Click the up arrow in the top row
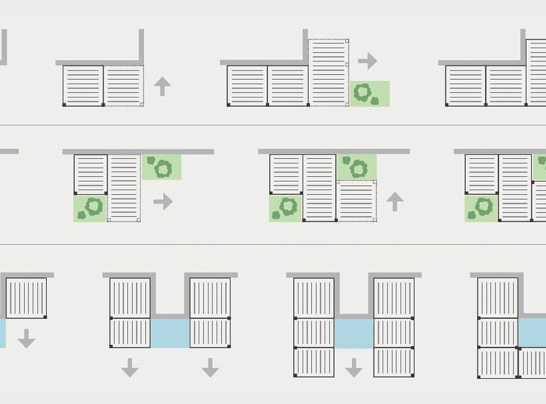point(163,86)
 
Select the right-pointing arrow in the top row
point(367,61)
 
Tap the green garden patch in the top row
point(369,94)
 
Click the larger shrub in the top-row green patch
point(362,91)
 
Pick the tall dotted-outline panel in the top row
point(328,72)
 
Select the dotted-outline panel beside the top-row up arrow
point(124,86)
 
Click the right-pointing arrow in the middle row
point(163,202)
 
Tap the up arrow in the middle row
point(394,202)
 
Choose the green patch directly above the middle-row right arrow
point(161,167)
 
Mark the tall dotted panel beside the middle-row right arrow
point(124,188)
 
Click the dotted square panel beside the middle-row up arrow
point(357,201)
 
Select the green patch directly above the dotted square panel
point(357,167)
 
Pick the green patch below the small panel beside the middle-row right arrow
point(90,208)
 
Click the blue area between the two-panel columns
point(170,333)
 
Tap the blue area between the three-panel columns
point(354,333)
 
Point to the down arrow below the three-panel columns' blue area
point(354,368)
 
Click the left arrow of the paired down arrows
point(130,368)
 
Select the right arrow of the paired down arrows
point(210,368)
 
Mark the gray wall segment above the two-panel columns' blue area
point(170,316)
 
